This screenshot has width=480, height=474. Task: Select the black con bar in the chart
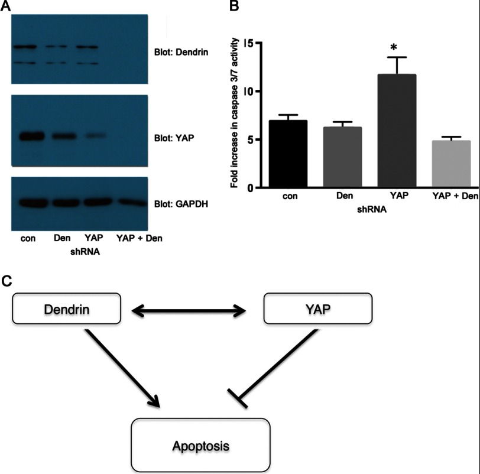pyautogui.click(x=288, y=154)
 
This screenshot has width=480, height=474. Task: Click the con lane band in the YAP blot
pyautogui.click(x=27, y=137)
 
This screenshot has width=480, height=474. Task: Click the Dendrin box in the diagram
pyautogui.click(x=66, y=308)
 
